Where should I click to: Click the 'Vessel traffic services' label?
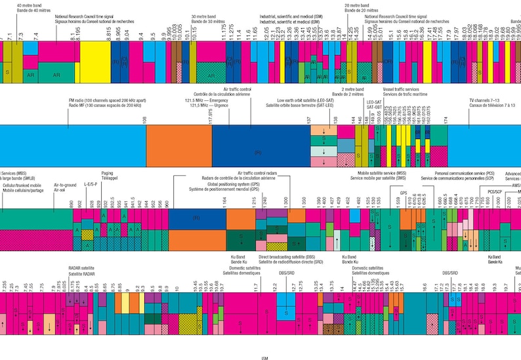click(408, 88)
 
